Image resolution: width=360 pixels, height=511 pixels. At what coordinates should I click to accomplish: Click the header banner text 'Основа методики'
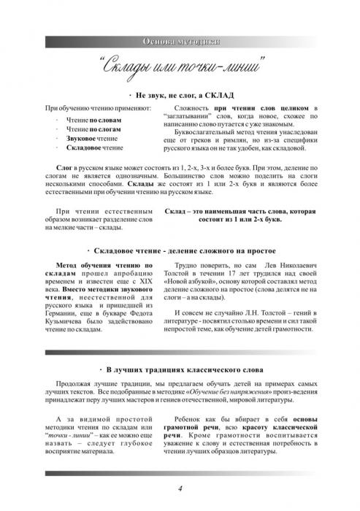tap(180, 39)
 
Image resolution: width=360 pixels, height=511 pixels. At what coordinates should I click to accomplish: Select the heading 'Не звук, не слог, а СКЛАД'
tap(182, 96)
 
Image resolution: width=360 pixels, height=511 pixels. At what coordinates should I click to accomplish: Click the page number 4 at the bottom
tap(180, 488)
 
